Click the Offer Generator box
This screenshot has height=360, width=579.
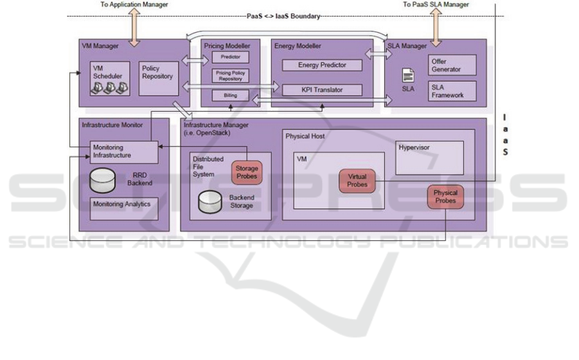pos(453,64)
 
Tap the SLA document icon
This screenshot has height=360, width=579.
pos(407,76)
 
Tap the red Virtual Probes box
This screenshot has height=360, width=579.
pos(357,181)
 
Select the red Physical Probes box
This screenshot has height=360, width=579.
pos(445,197)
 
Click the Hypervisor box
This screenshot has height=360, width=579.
pos(429,157)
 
